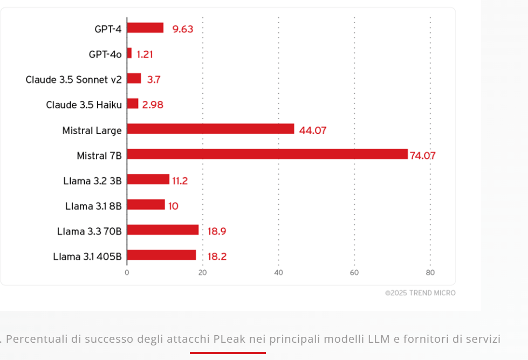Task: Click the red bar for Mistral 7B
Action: (267, 155)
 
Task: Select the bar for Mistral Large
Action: (210, 129)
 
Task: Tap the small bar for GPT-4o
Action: (129, 53)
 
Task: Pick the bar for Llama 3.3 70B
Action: (163, 230)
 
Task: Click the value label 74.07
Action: (422, 156)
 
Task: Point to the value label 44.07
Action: (313, 130)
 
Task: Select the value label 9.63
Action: (183, 29)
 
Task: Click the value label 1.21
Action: (145, 54)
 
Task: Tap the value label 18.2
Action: (217, 257)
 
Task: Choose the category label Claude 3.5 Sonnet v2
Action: (73, 80)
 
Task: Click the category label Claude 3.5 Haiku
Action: (84, 105)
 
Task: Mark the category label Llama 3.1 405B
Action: (87, 257)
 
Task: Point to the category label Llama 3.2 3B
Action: (92, 181)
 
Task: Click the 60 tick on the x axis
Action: (354, 273)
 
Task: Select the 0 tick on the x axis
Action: (127, 273)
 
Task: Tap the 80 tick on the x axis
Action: (430, 273)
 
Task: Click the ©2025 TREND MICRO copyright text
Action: (420, 293)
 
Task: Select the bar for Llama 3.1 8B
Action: (146, 205)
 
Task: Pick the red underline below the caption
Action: (228, 353)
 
